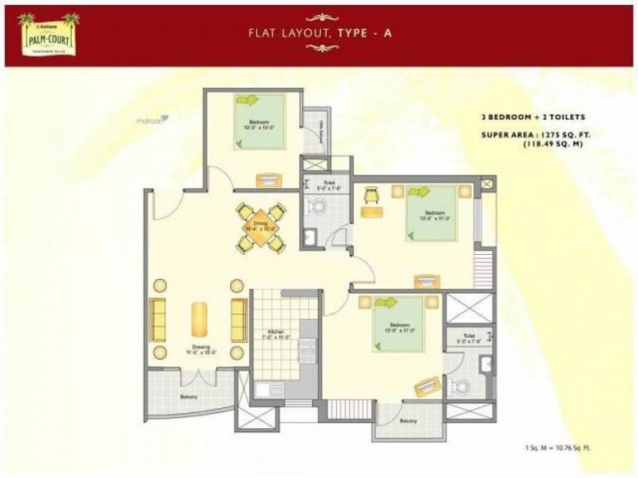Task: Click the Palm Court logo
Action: (x=48, y=35)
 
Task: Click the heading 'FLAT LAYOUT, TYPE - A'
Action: (x=320, y=33)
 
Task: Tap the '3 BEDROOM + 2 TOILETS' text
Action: (x=532, y=117)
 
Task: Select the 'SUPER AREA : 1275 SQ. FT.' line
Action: (x=536, y=135)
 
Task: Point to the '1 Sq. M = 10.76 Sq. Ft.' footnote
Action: (x=557, y=448)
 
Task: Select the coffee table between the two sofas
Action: (x=199, y=319)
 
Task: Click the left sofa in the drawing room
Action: (x=157, y=320)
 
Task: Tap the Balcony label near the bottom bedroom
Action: (x=408, y=421)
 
